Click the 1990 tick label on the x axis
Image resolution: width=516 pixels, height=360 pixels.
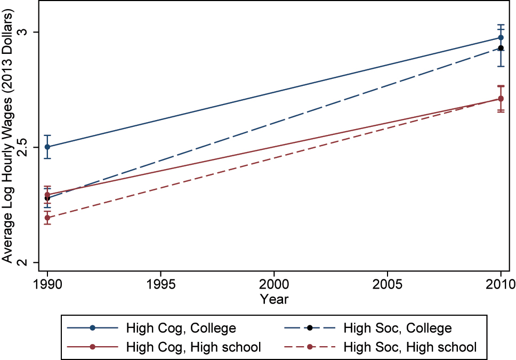47,282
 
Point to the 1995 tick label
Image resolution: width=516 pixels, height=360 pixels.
160,282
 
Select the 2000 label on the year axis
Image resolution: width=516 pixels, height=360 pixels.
274,282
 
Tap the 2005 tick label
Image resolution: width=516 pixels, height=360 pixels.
388,282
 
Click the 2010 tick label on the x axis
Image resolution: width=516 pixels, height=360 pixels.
501,282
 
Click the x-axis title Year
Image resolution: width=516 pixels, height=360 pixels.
274,299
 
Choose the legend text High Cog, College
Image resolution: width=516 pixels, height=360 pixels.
181,327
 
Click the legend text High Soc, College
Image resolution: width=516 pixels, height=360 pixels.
398,327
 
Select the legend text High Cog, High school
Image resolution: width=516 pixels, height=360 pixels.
193,347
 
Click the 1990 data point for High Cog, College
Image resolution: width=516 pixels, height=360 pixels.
47,147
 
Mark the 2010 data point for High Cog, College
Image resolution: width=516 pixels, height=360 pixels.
501,37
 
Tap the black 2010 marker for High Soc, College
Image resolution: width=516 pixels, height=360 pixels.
501,48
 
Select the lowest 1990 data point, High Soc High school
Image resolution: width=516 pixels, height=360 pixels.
47,218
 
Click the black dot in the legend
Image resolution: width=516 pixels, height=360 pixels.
309,327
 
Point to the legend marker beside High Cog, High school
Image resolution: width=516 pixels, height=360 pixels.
92,347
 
